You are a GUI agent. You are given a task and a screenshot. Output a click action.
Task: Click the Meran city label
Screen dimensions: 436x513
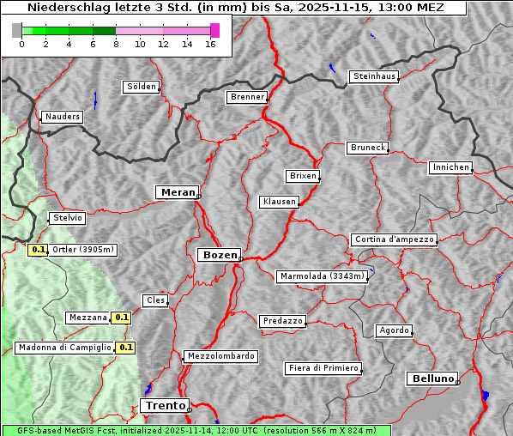(x=178, y=192)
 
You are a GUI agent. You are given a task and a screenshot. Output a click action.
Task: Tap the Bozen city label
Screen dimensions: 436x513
(x=218, y=255)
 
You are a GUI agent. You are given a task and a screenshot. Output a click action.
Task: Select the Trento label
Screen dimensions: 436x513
(x=164, y=405)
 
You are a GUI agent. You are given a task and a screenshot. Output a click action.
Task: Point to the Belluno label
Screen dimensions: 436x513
(x=432, y=378)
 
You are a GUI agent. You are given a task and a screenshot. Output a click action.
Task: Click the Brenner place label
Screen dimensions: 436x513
(x=248, y=97)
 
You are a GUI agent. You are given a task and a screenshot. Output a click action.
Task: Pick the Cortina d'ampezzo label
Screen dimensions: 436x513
(x=394, y=239)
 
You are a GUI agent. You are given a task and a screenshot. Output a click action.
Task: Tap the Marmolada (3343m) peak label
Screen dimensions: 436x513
(x=323, y=276)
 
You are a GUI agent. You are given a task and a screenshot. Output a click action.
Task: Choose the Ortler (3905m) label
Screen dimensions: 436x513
(x=83, y=250)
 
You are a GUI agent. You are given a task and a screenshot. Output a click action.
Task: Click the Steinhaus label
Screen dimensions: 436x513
(x=375, y=76)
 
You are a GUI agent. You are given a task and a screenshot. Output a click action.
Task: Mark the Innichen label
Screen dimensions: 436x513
(x=450, y=167)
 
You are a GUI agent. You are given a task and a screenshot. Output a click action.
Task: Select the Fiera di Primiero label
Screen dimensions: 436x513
(x=323, y=368)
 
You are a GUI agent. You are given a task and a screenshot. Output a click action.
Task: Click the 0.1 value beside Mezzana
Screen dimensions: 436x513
(x=122, y=318)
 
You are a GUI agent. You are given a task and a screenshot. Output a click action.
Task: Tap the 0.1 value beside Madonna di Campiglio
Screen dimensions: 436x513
(x=126, y=348)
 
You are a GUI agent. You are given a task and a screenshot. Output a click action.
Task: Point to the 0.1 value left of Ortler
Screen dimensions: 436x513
(x=38, y=250)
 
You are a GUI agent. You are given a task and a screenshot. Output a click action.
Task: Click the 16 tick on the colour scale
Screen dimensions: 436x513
(x=210, y=45)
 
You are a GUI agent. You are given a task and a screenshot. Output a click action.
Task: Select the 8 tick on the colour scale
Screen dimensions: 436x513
(x=116, y=45)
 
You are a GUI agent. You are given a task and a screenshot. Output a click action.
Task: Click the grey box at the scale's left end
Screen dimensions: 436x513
(x=17, y=30)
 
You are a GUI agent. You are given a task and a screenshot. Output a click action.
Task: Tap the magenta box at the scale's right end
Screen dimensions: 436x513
(x=214, y=30)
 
